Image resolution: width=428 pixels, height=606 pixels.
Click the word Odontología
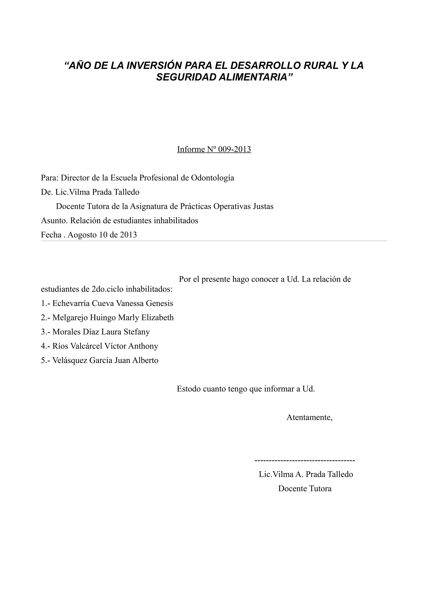point(212,178)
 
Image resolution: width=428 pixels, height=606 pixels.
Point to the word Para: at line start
point(50,178)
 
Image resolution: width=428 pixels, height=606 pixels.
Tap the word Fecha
point(51,235)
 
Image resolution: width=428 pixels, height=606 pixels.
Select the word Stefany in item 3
point(137,332)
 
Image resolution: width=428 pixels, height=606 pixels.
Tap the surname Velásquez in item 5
point(70,360)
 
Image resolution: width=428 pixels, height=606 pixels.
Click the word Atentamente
point(309,417)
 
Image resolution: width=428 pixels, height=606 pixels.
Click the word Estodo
point(189,389)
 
